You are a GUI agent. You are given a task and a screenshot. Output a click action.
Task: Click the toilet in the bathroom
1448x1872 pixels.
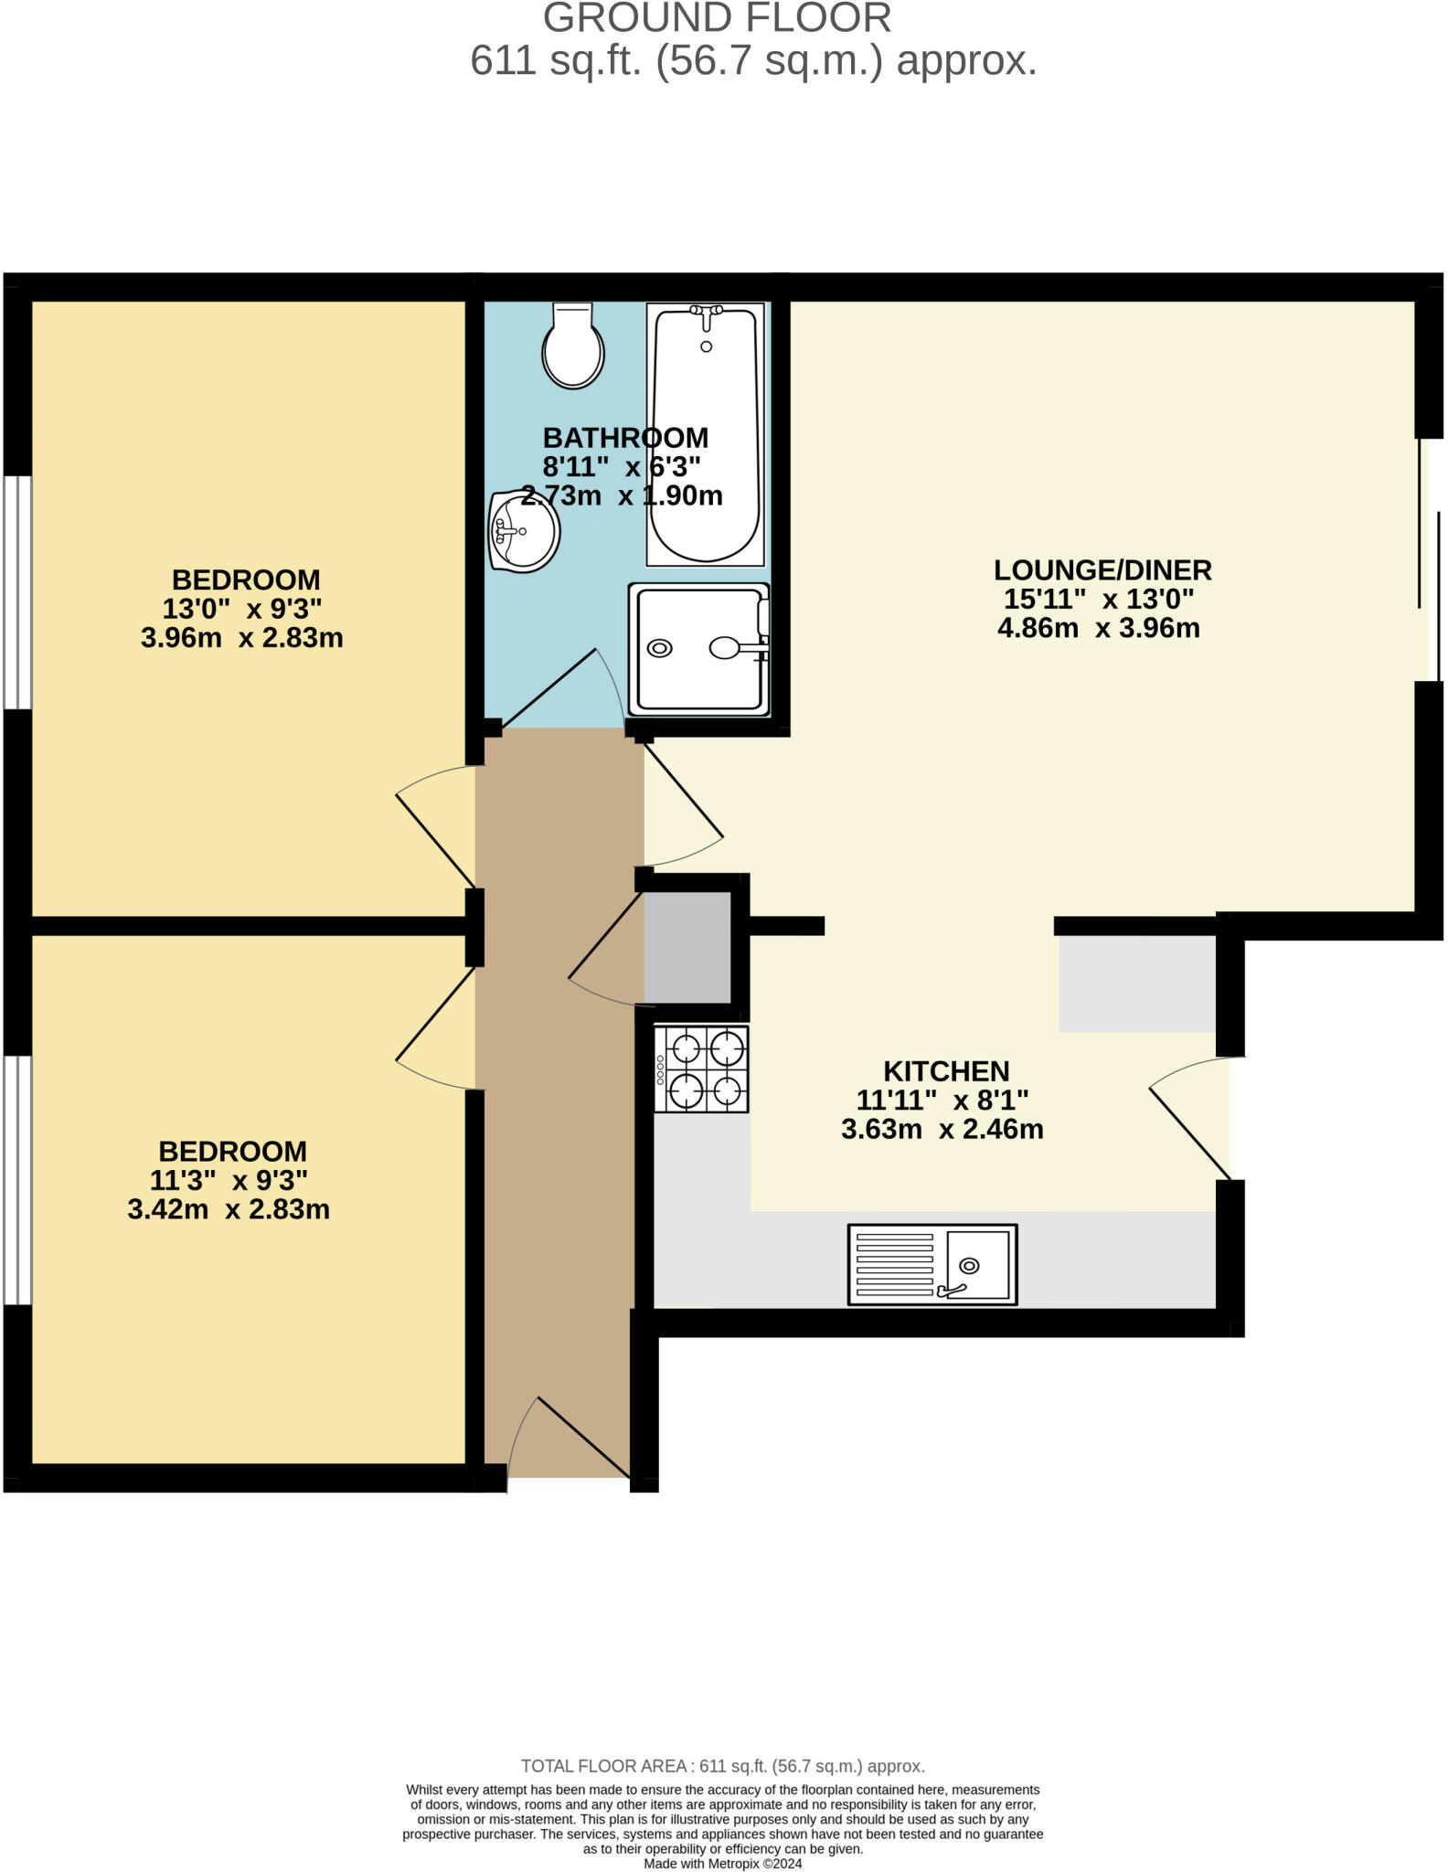pos(573,347)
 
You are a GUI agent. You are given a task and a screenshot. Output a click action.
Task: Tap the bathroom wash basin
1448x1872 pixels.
pos(524,531)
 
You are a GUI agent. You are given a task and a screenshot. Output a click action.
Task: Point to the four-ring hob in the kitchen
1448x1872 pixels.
pos(701,1069)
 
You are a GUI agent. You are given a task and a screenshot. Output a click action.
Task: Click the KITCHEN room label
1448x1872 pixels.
pos(946,1070)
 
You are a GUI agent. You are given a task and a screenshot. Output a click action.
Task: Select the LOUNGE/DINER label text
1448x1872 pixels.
pos(1102,570)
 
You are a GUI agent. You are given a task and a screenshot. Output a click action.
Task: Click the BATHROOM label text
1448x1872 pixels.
pos(625,438)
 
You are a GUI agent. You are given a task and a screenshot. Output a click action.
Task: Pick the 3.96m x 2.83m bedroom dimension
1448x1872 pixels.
pos(242,638)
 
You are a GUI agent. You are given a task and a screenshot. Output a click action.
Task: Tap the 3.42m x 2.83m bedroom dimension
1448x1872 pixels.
pos(229,1209)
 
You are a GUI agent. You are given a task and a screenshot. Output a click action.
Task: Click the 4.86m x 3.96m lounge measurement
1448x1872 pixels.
pos(1098,629)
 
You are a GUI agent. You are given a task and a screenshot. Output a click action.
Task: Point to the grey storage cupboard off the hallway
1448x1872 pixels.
pos(687,948)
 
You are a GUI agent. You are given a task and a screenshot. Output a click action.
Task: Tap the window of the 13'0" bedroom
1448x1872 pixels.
pos(17,591)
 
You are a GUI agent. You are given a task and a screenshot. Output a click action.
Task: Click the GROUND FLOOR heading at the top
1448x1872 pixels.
pos(717,18)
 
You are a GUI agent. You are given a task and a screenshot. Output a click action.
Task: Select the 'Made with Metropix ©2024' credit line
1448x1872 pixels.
pos(722,1863)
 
